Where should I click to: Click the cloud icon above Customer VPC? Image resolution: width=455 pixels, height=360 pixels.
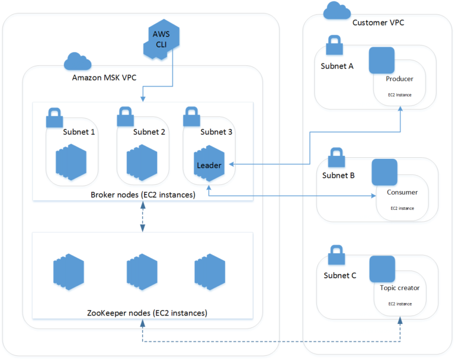tap(336, 11)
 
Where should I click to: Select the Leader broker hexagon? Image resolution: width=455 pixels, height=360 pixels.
tap(209, 164)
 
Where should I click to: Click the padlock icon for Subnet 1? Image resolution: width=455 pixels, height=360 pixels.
tap(55, 117)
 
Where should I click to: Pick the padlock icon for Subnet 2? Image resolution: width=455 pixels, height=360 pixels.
tap(126, 117)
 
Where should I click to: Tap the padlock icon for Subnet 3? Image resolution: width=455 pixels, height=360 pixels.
tap(191, 117)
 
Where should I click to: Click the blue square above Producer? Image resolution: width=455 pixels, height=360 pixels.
tap(382, 60)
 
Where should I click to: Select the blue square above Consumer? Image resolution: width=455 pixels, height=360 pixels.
tap(384, 171)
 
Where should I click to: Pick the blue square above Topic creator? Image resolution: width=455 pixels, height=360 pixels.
tap(382, 269)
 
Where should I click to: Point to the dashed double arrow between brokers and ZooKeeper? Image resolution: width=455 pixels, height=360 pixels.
tap(143, 217)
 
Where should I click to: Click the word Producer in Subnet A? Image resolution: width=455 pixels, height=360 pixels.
tap(399, 79)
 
